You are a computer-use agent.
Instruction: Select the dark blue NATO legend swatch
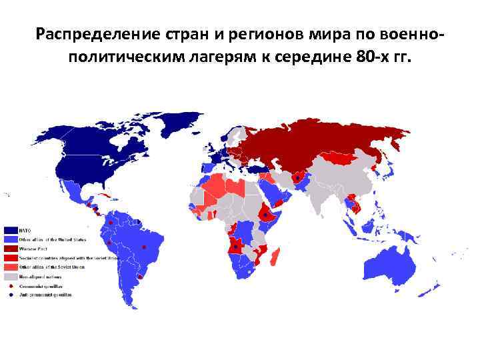11,229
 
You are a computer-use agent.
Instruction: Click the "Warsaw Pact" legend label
33,248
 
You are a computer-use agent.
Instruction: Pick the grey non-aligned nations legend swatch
11,276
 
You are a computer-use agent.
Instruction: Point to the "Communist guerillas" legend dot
11,285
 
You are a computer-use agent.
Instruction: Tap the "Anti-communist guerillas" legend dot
11,295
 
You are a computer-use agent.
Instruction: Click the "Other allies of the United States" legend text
52,239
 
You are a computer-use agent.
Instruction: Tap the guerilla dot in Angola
235,247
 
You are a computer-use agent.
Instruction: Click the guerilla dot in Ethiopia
266,215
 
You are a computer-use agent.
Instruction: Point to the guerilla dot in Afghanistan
297,178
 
